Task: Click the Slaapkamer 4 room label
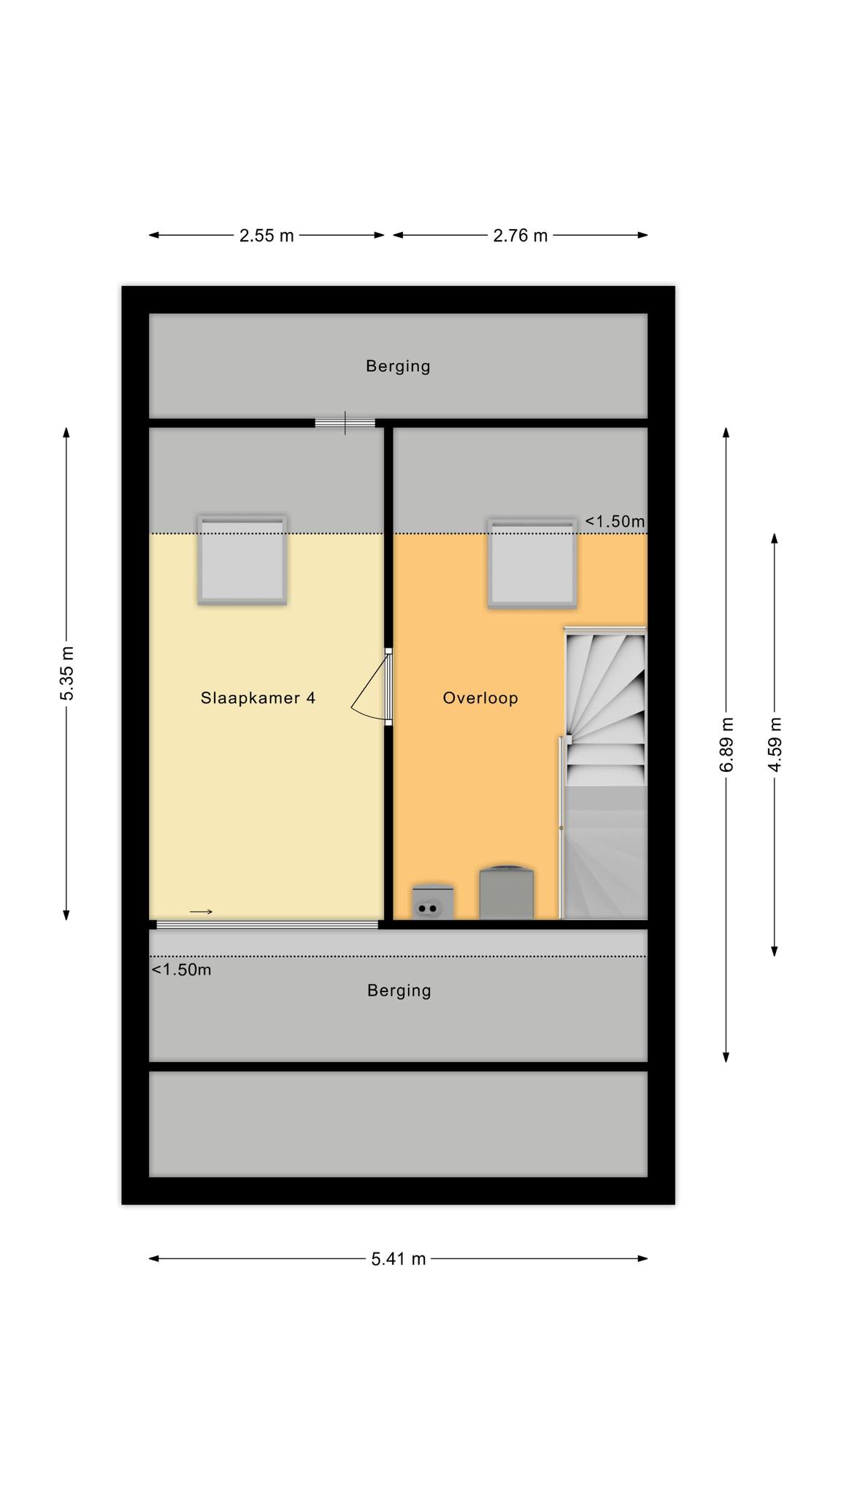(258, 698)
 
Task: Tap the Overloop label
(480, 698)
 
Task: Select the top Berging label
(398, 366)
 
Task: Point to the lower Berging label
(399, 991)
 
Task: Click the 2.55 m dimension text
(266, 236)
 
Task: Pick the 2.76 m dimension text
(521, 236)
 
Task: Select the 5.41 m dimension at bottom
(399, 1259)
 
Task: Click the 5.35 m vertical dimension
(67, 673)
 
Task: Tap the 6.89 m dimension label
(726, 745)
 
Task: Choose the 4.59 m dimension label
(775, 745)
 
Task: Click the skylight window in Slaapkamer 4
(242, 560)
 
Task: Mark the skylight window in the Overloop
(532, 563)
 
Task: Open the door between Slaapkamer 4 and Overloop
(372, 688)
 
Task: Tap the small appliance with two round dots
(433, 902)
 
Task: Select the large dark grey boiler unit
(507, 892)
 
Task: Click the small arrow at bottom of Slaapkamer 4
(201, 912)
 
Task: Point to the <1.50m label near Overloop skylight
(615, 522)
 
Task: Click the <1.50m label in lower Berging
(181, 970)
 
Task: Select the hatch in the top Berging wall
(345, 423)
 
